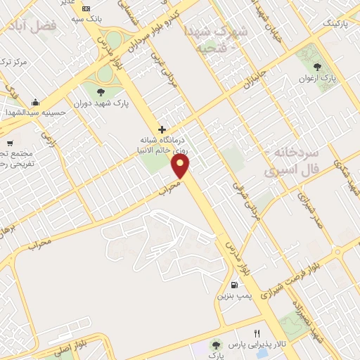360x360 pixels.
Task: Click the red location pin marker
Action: point(181,166)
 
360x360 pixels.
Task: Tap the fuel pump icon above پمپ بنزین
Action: point(233,285)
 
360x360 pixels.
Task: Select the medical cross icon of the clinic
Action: point(162,129)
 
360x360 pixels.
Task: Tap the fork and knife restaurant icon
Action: point(257,333)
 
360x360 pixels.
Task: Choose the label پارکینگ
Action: point(316,23)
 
